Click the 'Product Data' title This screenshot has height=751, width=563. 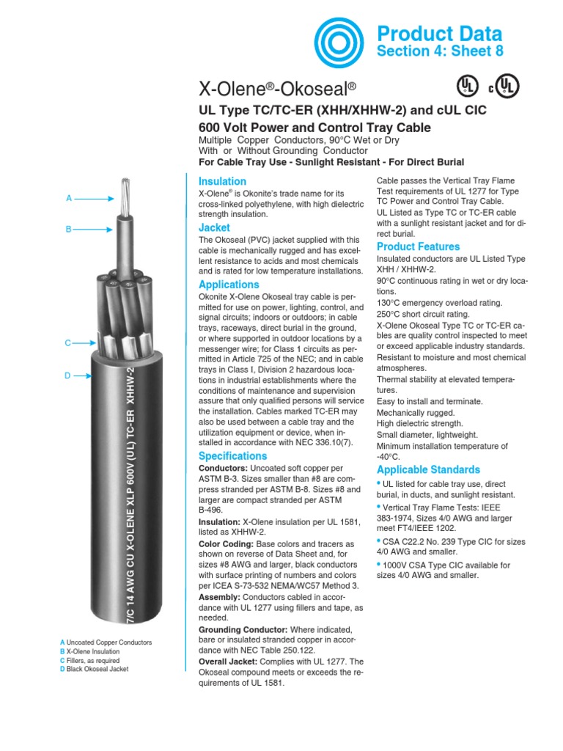click(x=439, y=33)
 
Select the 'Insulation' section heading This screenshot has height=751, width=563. click(x=222, y=181)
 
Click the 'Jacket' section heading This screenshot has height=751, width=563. click(x=213, y=228)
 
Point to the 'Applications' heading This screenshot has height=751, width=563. click(x=229, y=285)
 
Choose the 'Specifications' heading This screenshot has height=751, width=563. click(x=233, y=456)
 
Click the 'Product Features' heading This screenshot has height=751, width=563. click(x=418, y=246)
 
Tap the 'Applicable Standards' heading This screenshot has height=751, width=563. click(x=428, y=469)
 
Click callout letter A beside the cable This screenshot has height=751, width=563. click(x=68, y=198)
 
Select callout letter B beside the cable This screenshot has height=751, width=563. click(x=68, y=229)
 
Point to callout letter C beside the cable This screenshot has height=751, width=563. click(x=67, y=342)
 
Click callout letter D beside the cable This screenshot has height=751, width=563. click(x=67, y=375)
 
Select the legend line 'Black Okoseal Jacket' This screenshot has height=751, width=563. click(x=100, y=669)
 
